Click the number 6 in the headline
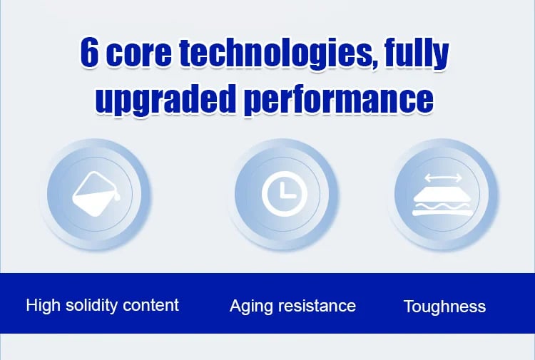[x=89, y=53]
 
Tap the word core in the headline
[x=139, y=55]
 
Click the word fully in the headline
[x=417, y=56]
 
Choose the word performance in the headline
[x=339, y=101]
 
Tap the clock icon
[x=285, y=194]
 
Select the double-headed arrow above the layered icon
[x=443, y=178]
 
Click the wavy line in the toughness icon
[x=443, y=205]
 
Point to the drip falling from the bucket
[x=118, y=196]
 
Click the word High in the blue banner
[x=43, y=305]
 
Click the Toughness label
[x=445, y=307]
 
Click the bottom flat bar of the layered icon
[x=443, y=213]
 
